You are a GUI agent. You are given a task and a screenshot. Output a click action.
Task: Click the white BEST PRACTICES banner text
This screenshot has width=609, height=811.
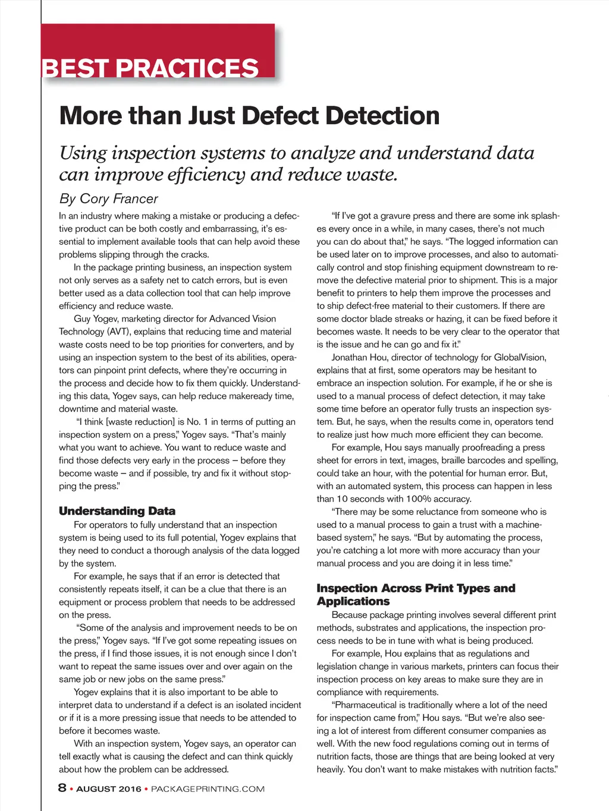pyautogui.click(x=150, y=68)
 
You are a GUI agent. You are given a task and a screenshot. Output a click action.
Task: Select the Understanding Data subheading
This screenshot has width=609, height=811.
pyautogui.click(x=117, y=511)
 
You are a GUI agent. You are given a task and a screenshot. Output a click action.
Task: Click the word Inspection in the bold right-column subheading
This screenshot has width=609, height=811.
pyautogui.click(x=346, y=588)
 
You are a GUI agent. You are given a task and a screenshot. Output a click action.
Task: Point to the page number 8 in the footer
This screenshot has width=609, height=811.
pyautogui.click(x=62, y=788)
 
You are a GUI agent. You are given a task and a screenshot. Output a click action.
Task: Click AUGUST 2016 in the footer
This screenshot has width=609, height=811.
pyautogui.click(x=109, y=789)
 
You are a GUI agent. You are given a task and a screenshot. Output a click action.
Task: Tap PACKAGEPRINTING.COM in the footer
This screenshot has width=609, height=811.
pyautogui.click(x=208, y=789)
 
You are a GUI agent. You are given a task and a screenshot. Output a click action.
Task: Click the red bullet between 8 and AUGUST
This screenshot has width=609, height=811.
pyautogui.click(x=71, y=789)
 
